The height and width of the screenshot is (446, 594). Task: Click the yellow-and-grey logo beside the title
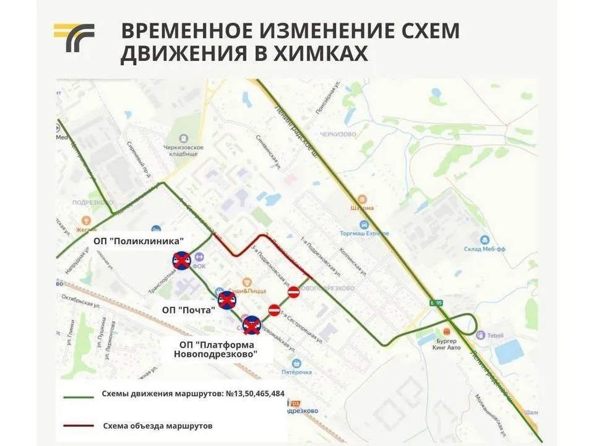point(74,38)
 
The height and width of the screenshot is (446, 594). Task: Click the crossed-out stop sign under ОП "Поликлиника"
point(181,261)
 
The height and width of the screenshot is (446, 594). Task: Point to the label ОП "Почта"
point(188,309)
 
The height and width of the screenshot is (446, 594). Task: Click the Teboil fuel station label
point(500,334)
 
